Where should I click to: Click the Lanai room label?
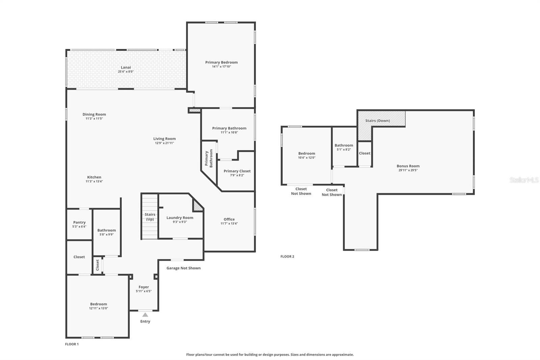coord(126,67)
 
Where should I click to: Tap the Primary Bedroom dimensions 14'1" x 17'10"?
coord(221,67)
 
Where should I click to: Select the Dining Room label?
coord(94,114)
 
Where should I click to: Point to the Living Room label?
coord(164,139)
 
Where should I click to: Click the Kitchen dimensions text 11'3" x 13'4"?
coord(94,181)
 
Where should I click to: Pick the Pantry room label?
coord(79,223)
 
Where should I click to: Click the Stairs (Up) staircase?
coord(150,217)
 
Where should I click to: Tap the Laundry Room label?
coord(180,217)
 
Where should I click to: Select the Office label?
coord(229,219)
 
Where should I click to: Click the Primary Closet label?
coord(237,171)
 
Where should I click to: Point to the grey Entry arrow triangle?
coord(145,315)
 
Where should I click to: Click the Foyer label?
coord(144,287)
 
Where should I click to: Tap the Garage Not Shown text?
coord(184,268)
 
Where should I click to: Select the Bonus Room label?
coord(408,166)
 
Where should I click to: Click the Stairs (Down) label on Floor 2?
coord(378,121)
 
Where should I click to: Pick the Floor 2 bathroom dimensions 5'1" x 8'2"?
coord(344,150)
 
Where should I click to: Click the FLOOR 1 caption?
coord(72,344)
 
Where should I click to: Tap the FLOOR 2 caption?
coord(287,256)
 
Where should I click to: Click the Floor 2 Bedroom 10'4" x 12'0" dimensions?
coord(307,158)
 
